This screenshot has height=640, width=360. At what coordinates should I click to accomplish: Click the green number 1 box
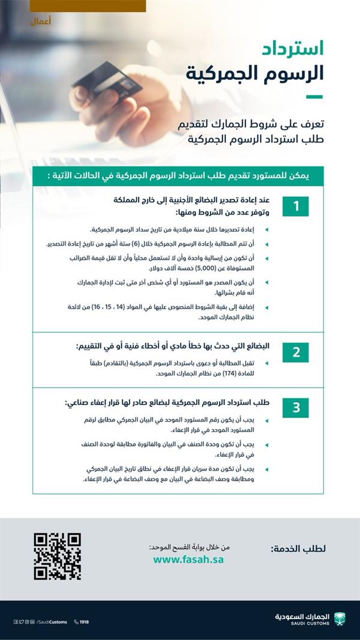296,206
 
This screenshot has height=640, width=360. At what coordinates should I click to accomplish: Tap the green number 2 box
296,352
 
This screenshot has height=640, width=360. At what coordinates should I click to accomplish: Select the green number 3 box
296,408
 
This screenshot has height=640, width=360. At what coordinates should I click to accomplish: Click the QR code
57,556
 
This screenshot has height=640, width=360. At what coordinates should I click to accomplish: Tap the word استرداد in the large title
295,48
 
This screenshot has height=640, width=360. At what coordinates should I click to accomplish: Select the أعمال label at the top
40,22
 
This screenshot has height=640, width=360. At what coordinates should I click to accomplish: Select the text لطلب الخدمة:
298,549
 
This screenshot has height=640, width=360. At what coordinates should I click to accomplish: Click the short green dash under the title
314,96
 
